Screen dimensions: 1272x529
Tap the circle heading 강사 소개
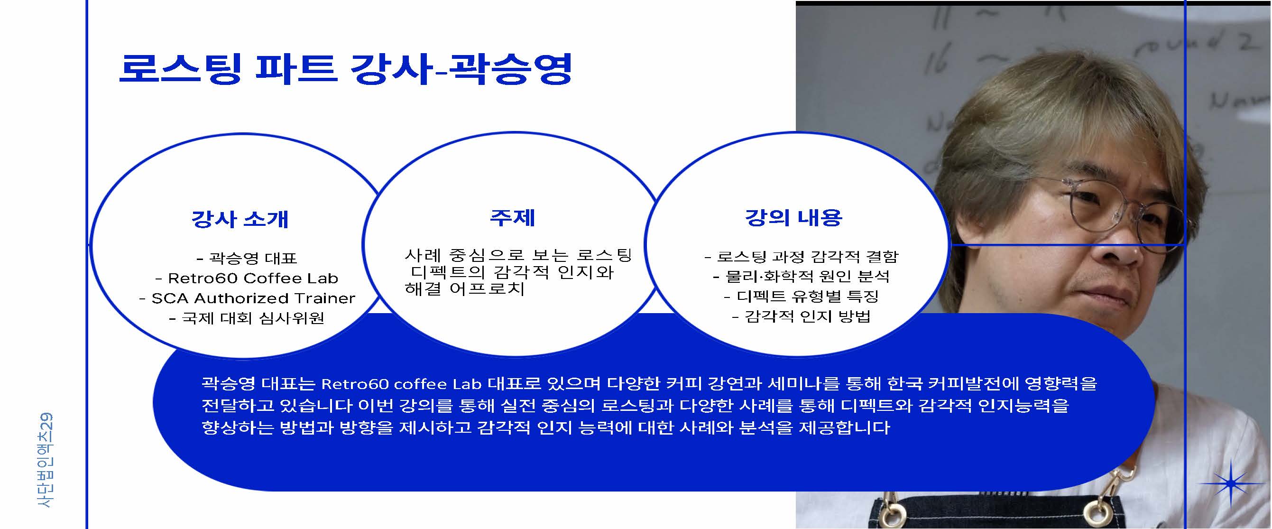pos(240,219)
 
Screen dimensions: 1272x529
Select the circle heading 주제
pos(513,217)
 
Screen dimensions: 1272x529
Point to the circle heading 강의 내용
pos(793,217)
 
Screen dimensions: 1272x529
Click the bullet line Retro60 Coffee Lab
pos(247,278)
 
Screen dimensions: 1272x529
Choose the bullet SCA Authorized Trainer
pos(247,298)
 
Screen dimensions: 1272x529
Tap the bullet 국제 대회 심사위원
pos(247,317)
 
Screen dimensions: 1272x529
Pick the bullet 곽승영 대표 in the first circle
pos(247,258)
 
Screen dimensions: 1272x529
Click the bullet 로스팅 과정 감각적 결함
pos(802,256)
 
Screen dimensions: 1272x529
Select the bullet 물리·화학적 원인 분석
pos(802,276)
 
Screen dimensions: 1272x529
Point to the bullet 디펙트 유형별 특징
pos(802,296)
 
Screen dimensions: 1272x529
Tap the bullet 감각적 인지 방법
pos(802,316)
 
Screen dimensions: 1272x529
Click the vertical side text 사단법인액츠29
pos(45,460)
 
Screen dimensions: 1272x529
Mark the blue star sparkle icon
pos(1231,483)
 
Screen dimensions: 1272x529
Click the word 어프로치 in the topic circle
pos(487,288)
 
